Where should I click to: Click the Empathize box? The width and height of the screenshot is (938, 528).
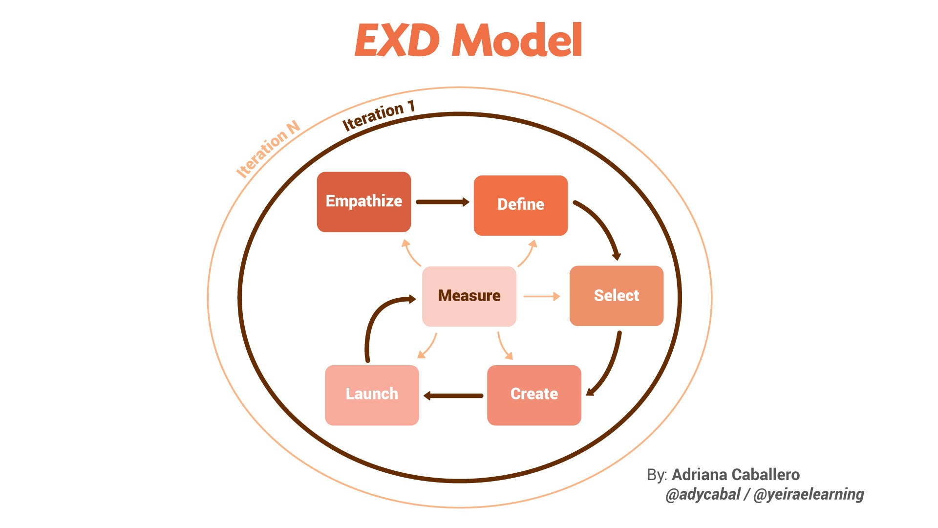364,201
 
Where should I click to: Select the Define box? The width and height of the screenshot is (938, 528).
521,205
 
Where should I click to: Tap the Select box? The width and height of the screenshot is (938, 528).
617,296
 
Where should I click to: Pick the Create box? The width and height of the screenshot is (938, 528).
534,395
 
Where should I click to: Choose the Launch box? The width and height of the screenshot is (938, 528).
372,395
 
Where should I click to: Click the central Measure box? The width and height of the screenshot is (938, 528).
469,296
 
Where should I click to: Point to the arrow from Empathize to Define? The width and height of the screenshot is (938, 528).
442,202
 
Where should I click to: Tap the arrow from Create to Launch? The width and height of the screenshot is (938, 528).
453,396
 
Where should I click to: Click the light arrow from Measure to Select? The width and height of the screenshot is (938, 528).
541,296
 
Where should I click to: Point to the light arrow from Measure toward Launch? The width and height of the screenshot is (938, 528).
428,347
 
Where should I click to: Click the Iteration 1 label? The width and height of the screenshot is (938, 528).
378,116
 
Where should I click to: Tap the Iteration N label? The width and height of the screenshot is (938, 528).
268,149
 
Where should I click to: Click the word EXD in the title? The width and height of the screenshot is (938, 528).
397,41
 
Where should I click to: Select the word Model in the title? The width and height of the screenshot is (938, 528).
517,41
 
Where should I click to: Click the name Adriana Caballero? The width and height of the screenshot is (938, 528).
736,475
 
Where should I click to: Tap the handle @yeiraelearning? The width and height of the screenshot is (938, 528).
809,494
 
